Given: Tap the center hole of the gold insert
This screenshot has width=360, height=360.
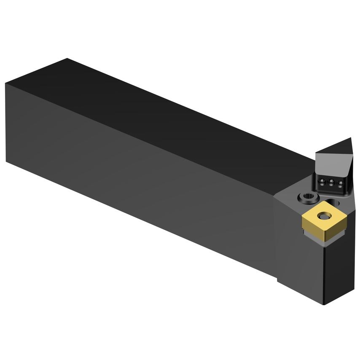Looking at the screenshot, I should coord(324,215).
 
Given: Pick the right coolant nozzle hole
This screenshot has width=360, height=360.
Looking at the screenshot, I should coord(338,184).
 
